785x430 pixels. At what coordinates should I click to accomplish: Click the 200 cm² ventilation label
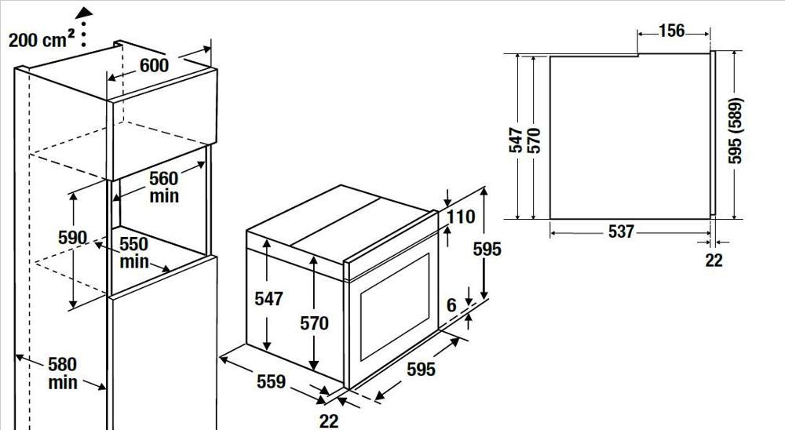[x=42, y=39]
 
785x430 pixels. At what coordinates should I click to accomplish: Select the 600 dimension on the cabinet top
[x=154, y=65]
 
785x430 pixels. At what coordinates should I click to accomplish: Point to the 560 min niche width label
[x=164, y=188]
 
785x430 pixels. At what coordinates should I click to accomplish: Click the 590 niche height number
[x=72, y=237]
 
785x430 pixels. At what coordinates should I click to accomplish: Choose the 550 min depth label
[x=133, y=253]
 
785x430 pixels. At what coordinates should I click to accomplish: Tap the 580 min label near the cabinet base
[x=63, y=373]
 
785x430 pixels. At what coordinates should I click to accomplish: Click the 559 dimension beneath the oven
[x=271, y=381]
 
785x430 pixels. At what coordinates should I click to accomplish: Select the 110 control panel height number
[x=461, y=217]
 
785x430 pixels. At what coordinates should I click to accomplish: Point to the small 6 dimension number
[x=451, y=305]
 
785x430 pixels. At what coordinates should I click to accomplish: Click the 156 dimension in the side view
[x=671, y=31]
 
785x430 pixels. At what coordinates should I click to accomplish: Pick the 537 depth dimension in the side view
[x=621, y=231]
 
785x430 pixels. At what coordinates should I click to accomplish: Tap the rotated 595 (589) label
[x=735, y=131]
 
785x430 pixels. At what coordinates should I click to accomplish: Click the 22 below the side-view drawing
[x=714, y=261]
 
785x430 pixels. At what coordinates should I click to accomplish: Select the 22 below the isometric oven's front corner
[x=329, y=421]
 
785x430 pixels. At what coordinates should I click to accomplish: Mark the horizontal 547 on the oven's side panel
[x=268, y=299]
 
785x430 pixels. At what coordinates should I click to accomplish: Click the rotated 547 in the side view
[x=516, y=140]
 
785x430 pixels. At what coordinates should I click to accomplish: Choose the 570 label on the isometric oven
[x=315, y=323]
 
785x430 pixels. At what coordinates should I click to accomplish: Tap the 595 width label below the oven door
[x=421, y=370]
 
